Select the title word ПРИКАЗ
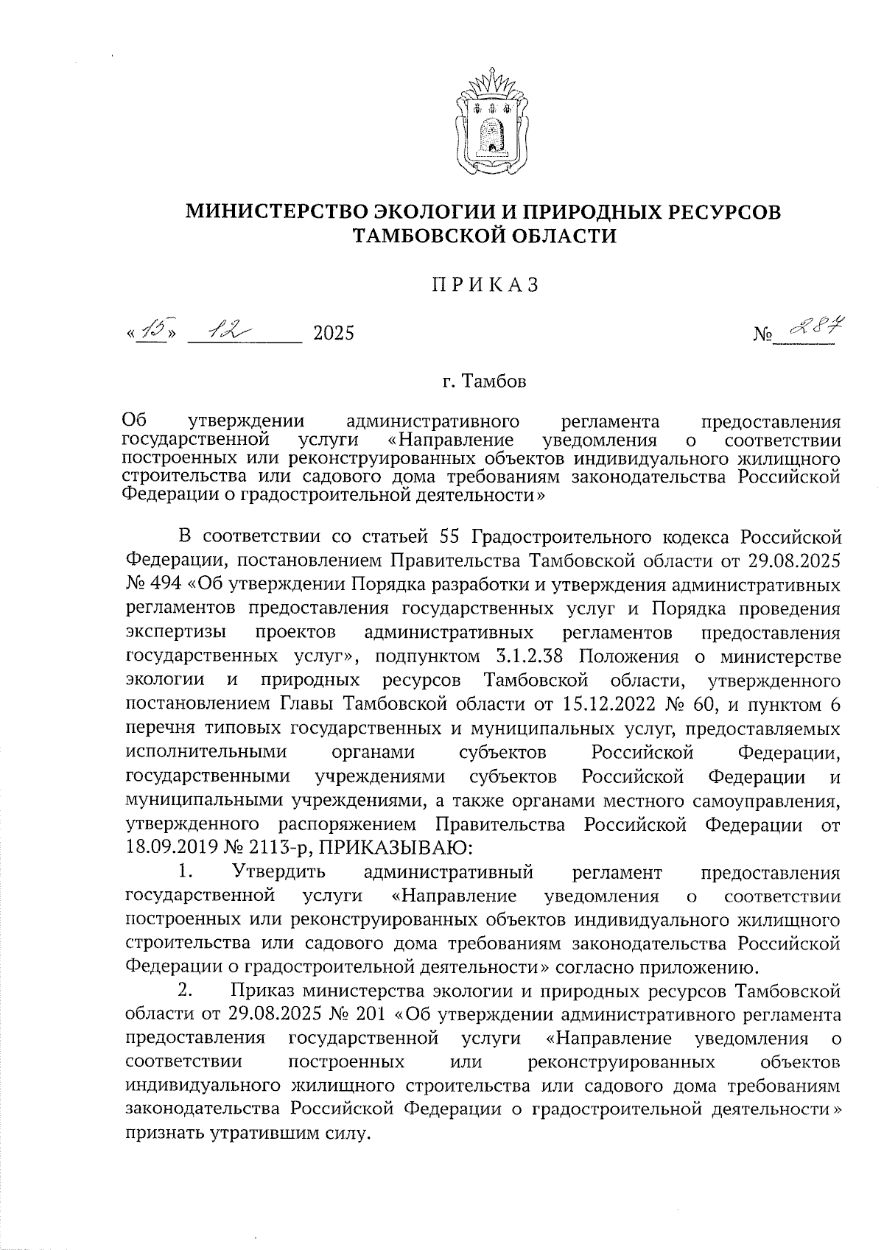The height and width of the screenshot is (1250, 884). point(485,285)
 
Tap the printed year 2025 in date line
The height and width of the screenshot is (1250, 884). point(334,334)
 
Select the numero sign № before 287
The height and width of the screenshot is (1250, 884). point(764,335)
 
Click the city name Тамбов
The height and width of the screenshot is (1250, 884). point(494,382)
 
